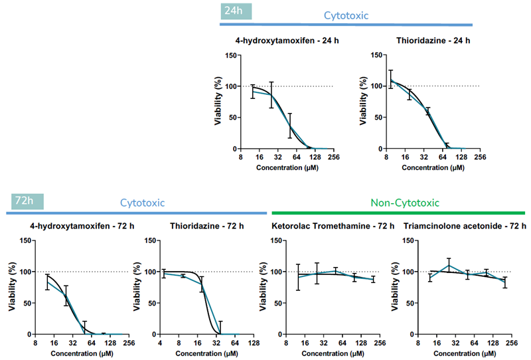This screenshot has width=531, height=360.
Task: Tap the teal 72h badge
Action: point(27,201)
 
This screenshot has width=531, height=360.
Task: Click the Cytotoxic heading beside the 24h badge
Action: point(346,15)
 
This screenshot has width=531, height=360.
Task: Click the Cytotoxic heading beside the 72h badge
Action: point(142,203)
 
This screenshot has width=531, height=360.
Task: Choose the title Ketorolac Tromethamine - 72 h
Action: point(333,226)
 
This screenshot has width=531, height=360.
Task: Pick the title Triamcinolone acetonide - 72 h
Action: point(465,226)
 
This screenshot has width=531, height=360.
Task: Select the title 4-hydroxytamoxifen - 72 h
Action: point(79,226)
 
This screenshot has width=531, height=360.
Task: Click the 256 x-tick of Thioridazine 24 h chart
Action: point(480,157)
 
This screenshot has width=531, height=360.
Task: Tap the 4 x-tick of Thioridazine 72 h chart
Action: point(159,343)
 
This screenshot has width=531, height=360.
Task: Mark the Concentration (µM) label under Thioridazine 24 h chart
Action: point(433,167)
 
